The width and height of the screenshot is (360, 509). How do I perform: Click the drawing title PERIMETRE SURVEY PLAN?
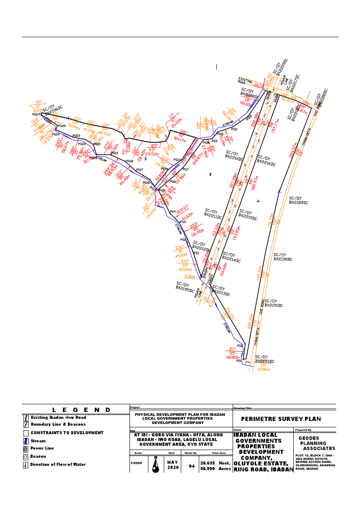coord(281,419)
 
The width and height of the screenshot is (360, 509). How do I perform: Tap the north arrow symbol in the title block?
coord(156,464)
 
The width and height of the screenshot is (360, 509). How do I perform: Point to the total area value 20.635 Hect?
coord(216,463)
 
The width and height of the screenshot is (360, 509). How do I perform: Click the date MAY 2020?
coord(173,465)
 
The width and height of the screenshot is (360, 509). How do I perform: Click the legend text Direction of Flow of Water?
coord(58,465)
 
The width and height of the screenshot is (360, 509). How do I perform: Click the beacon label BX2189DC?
coord(298,203)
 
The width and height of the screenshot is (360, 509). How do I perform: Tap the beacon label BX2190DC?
coord(283,259)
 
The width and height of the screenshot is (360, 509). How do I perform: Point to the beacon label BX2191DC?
coord(274,306)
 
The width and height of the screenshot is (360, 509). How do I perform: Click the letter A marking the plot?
coord(258,201)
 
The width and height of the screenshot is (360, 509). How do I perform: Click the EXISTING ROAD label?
coord(245,80)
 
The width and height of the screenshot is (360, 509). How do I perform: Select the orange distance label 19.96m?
coord(263,370)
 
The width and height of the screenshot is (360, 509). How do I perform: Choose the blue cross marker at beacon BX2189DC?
coord(279,192)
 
